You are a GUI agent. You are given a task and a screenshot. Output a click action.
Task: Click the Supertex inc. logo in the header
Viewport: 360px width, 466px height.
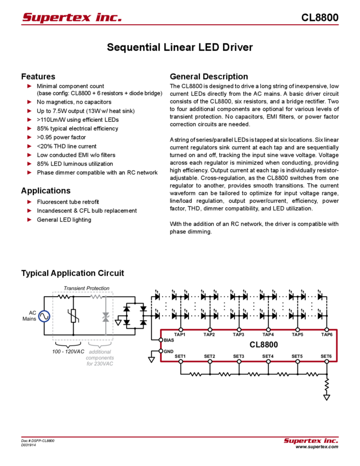(72, 18)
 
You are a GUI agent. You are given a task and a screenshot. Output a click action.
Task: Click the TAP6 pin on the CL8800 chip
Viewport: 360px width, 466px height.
(326, 334)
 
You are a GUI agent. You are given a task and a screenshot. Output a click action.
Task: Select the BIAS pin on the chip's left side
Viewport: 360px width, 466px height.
(167, 340)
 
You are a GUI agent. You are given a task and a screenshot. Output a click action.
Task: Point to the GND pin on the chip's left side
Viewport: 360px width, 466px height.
(167, 351)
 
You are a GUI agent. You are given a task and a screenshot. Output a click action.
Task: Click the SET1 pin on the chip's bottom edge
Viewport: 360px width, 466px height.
(179, 356)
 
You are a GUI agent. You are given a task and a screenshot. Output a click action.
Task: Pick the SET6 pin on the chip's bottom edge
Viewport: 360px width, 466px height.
(326, 356)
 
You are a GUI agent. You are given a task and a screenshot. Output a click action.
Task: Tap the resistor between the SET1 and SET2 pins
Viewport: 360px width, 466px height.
(194, 374)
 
